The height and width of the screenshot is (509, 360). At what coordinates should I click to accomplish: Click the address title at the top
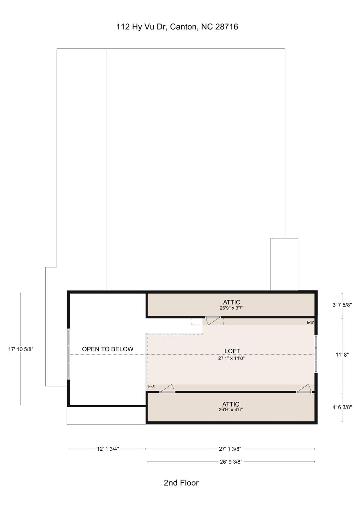pos(177,27)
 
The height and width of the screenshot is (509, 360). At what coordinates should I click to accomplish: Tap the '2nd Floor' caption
pos(181,483)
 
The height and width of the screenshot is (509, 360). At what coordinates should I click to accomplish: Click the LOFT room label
pos(232,351)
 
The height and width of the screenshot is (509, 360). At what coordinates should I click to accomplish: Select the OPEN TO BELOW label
pos(108,349)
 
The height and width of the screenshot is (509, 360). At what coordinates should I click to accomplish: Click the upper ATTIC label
pos(231,302)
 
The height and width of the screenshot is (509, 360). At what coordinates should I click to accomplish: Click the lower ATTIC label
pos(231,404)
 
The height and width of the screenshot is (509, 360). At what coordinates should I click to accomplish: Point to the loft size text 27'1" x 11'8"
pos(231,358)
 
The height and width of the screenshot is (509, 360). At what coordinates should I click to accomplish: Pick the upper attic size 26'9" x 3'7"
pos(231,308)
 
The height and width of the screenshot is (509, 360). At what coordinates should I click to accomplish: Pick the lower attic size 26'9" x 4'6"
pos(231,410)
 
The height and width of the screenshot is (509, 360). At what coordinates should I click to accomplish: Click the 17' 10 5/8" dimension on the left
pos(21,349)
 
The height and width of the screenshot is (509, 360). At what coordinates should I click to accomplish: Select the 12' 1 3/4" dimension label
pos(108,449)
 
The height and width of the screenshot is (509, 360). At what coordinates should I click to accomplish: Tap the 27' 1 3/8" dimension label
pos(230,449)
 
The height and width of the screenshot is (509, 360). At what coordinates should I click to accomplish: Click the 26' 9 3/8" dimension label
pos(231,462)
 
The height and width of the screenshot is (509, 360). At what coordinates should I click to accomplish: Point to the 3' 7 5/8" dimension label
pos(342,305)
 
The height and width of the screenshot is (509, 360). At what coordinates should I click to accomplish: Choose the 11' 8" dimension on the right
pos(342,355)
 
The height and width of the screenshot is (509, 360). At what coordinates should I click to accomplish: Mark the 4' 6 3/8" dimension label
pos(342,407)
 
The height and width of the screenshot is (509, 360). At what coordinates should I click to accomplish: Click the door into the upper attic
pos(213,319)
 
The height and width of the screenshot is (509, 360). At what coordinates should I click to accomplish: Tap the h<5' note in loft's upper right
pos(310,322)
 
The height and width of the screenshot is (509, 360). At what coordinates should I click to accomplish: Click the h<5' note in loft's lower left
pos(152,387)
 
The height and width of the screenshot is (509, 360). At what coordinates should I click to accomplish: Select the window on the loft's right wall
pos(316,354)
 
